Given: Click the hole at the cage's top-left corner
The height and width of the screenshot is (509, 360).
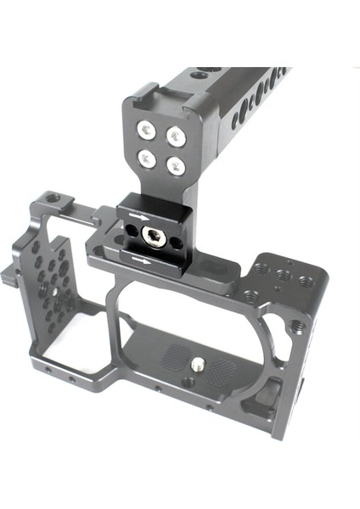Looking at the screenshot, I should [53, 199].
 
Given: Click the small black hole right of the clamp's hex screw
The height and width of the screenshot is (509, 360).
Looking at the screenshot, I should [176, 243].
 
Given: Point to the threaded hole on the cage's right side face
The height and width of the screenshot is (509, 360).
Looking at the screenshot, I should [298, 325].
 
